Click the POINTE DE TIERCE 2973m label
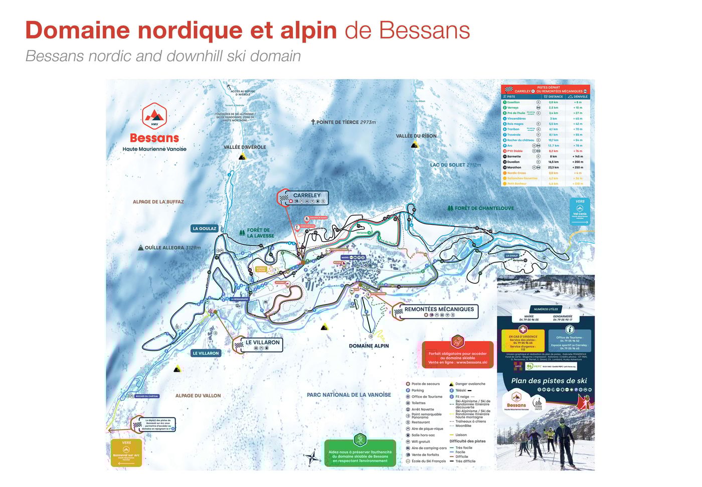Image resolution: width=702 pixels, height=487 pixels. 343,122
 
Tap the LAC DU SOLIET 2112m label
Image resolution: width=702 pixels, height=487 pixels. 455,165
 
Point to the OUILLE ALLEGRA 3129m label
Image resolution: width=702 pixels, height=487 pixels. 169,248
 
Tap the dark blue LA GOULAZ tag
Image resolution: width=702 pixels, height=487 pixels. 205,229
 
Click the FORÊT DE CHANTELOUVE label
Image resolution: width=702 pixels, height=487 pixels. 481,208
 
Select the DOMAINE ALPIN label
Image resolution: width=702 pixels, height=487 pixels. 369,346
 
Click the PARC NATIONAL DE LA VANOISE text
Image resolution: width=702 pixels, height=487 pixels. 348,395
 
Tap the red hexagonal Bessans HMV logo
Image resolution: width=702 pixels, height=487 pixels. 154,116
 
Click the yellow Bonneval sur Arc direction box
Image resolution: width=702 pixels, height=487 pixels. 126,453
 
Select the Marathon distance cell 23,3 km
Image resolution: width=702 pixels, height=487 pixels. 553,168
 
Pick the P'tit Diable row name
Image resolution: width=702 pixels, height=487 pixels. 514,151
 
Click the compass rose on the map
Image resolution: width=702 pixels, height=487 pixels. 311,457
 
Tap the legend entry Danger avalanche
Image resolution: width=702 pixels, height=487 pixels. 470,384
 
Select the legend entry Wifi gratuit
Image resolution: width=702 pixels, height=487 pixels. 421,442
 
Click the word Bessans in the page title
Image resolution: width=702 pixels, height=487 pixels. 424,30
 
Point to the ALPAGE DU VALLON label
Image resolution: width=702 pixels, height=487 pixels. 198,396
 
